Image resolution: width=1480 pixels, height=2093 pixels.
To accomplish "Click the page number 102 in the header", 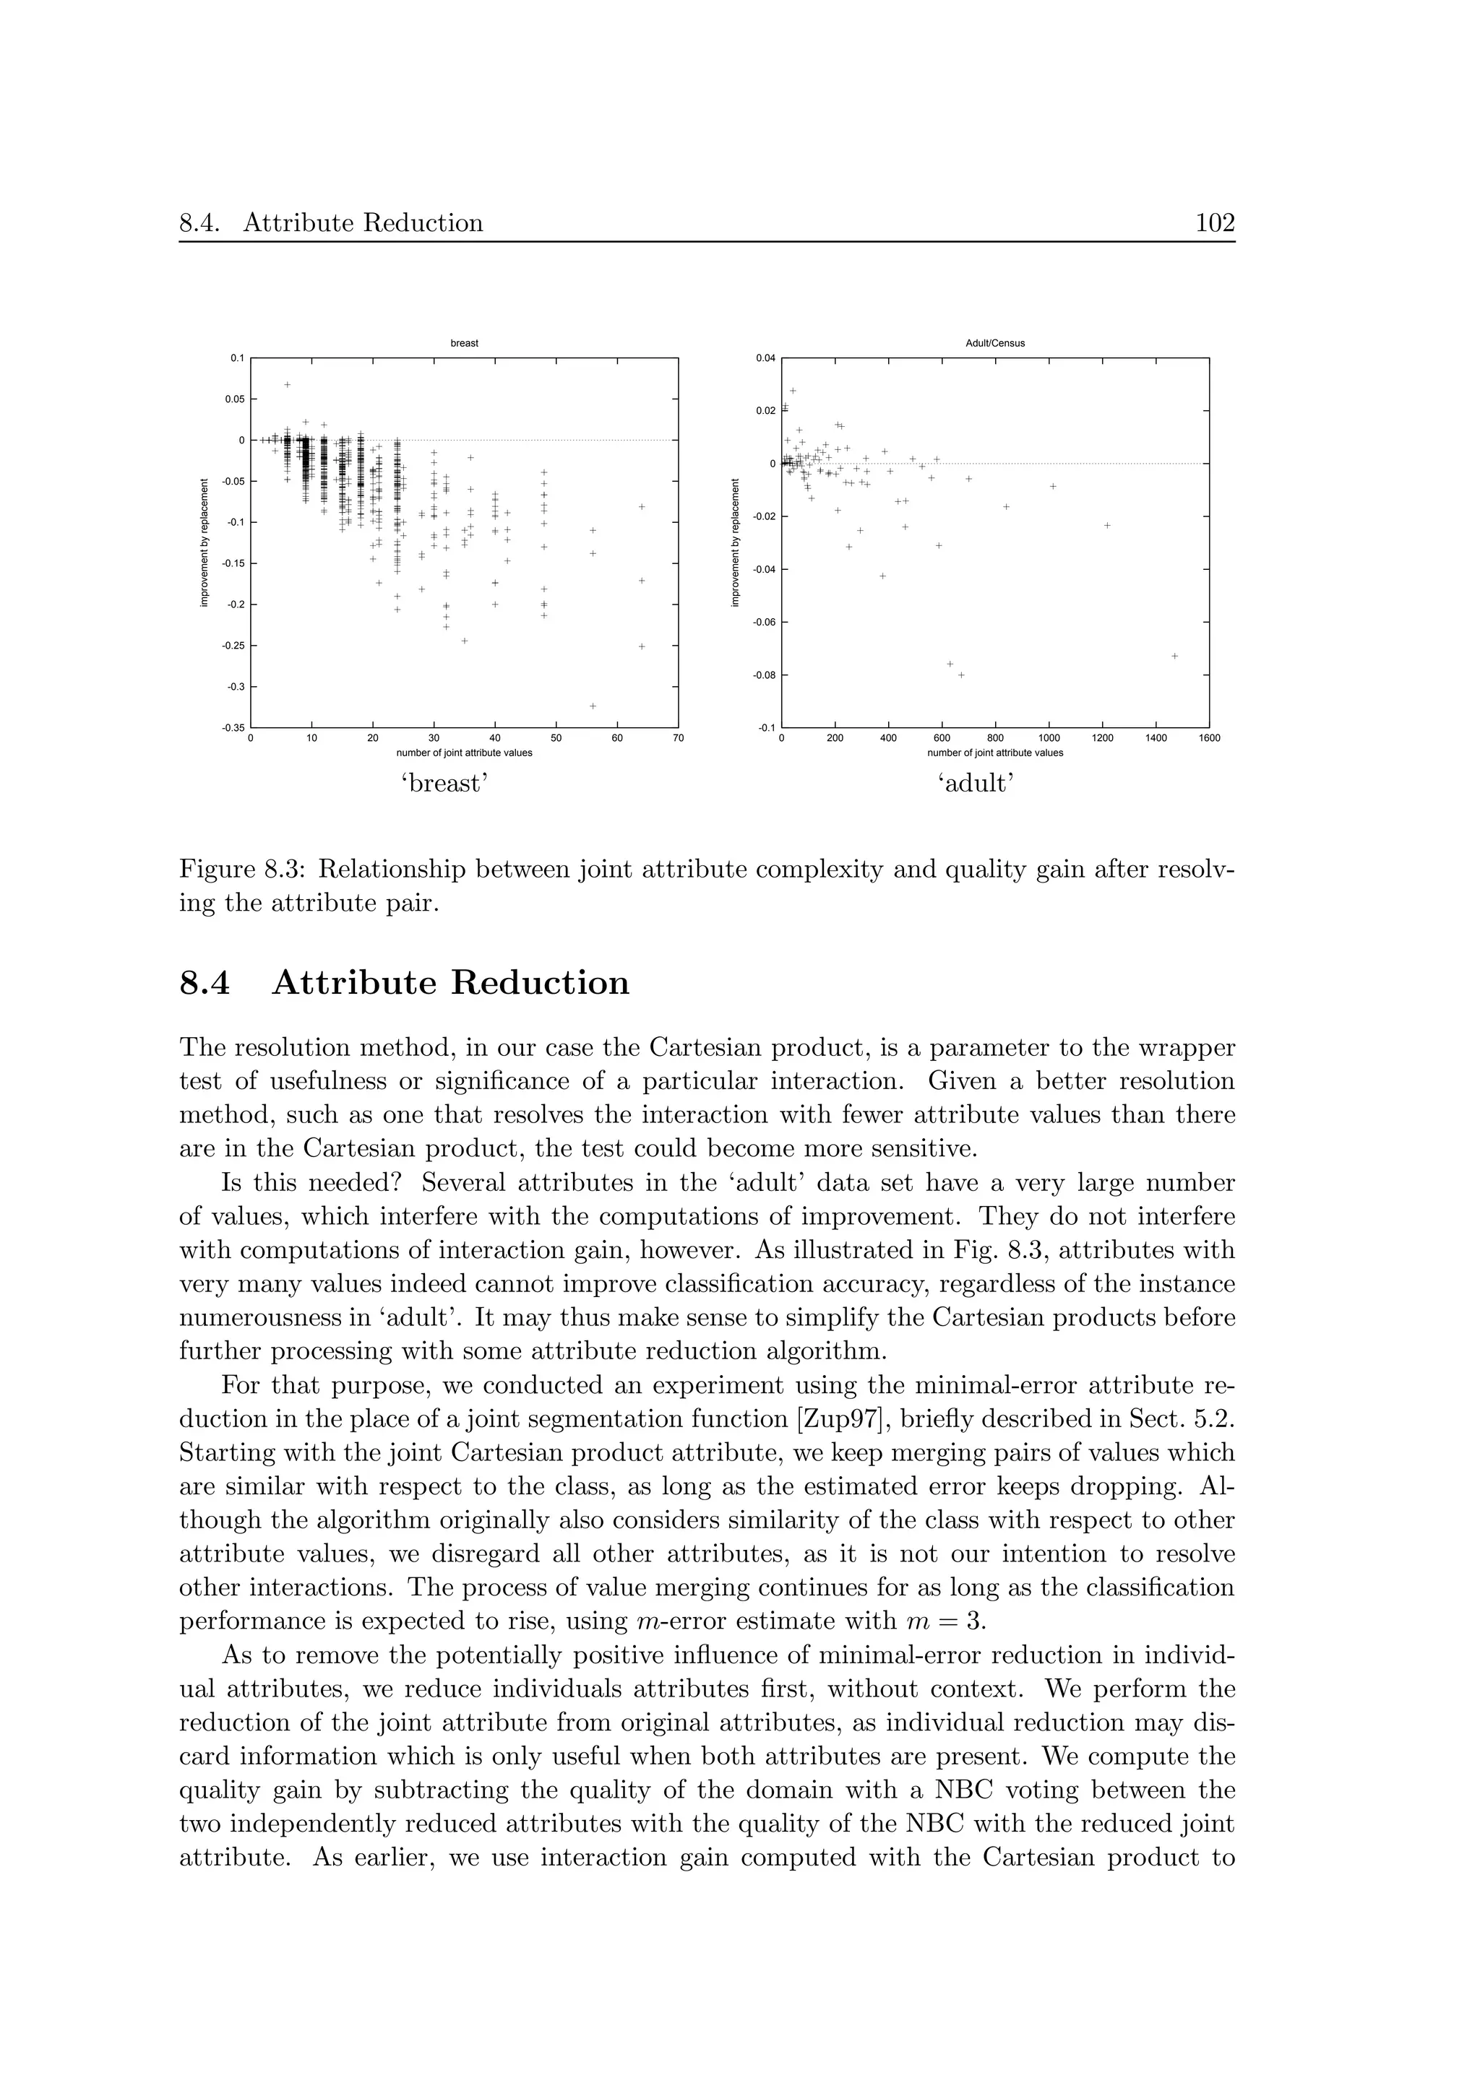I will pyautogui.click(x=1215, y=223).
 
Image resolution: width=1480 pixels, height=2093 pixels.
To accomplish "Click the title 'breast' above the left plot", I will pyautogui.click(x=464, y=344).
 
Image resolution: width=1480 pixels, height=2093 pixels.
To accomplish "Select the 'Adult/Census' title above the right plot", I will pyautogui.click(x=995, y=344).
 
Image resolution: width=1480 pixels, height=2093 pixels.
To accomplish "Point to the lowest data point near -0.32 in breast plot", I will pyautogui.click(x=593, y=706).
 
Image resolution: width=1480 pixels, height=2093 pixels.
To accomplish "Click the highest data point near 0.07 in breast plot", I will pyautogui.click(x=287, y=385).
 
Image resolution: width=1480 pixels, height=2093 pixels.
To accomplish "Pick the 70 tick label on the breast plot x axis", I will pyautogui.click(x=678, y=738).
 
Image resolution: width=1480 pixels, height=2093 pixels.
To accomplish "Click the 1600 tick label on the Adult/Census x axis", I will pyautogui.click(x=1208, y=738).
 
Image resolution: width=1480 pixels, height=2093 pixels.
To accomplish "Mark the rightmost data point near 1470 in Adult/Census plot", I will pyautogui.click(x=1174, y=656).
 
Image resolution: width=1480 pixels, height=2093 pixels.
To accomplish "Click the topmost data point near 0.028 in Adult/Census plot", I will pyautogui.click(x=793, y=391).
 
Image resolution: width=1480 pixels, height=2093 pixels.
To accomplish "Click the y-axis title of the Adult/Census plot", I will pyautogui.click(x=734, y=543).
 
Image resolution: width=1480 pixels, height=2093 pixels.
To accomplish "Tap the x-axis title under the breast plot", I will pyautogui.click(x=464, y=753).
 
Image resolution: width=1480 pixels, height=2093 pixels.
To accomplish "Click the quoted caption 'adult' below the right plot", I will pyautogui.click(x=976, y=784).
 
